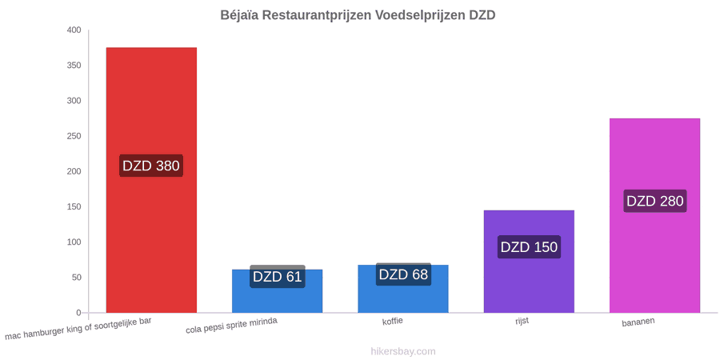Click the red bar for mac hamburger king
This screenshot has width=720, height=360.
click(x=151, y=180)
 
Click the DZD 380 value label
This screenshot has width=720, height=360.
click(x=151, y=166)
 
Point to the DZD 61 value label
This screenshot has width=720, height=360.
click(x=278, y=277)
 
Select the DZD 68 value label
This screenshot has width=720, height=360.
click(x=403, y=274)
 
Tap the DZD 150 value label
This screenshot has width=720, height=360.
click(x=529, y=247)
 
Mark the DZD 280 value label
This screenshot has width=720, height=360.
click(x=654, y=201)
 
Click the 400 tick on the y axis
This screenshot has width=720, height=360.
click(x=74, y=30)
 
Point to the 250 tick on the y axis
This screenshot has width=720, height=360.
click(x=74, y=136)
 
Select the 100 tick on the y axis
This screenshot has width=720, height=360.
click(x=74, y=242)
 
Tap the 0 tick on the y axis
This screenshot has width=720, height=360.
click(x=78, y=313)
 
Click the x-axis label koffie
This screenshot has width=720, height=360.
click(x=393, y=321)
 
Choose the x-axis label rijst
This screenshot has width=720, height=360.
click(x=522, y=321)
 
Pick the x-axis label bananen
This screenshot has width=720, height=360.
click(x=638, y=322)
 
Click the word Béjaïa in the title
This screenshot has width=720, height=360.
click(x=242, y=15)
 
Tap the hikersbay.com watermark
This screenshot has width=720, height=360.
click(x=403, y=351)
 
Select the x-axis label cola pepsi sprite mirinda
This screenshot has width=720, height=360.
click(x=231, y=326)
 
